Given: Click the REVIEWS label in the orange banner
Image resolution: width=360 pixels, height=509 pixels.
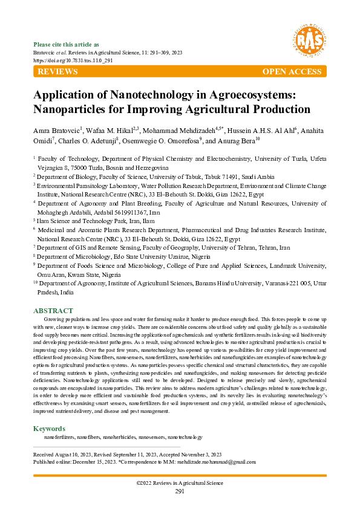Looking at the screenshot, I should (57, 72).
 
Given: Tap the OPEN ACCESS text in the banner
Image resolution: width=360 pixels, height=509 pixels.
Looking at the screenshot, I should (292, 72).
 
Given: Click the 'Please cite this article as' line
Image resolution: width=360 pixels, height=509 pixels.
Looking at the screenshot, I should (67, 45).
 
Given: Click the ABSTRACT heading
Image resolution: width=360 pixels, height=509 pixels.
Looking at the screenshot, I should (53, 311).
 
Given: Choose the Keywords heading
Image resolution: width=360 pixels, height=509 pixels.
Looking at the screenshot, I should (49, 429).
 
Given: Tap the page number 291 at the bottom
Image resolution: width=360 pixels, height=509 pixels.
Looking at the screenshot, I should (180, 491).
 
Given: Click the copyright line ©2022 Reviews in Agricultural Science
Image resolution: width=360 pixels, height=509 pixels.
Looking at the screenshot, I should (180, 483).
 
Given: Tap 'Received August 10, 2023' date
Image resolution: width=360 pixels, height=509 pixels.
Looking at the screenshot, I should (63, 455).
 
